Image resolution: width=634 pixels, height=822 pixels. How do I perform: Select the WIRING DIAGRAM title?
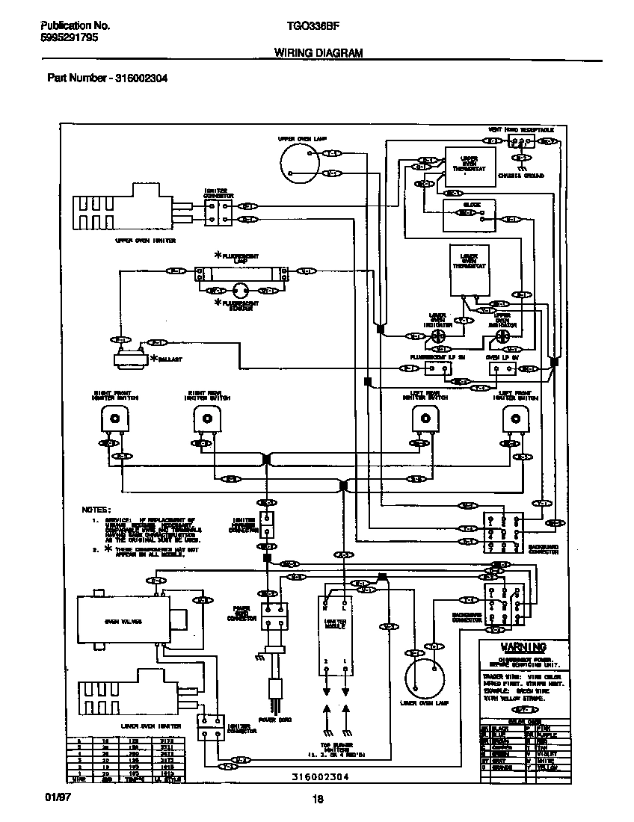318,53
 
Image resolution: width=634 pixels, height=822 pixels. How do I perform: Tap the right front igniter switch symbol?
114,421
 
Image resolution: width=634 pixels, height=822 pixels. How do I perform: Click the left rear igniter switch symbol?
425,421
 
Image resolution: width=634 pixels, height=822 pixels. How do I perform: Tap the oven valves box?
123,620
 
